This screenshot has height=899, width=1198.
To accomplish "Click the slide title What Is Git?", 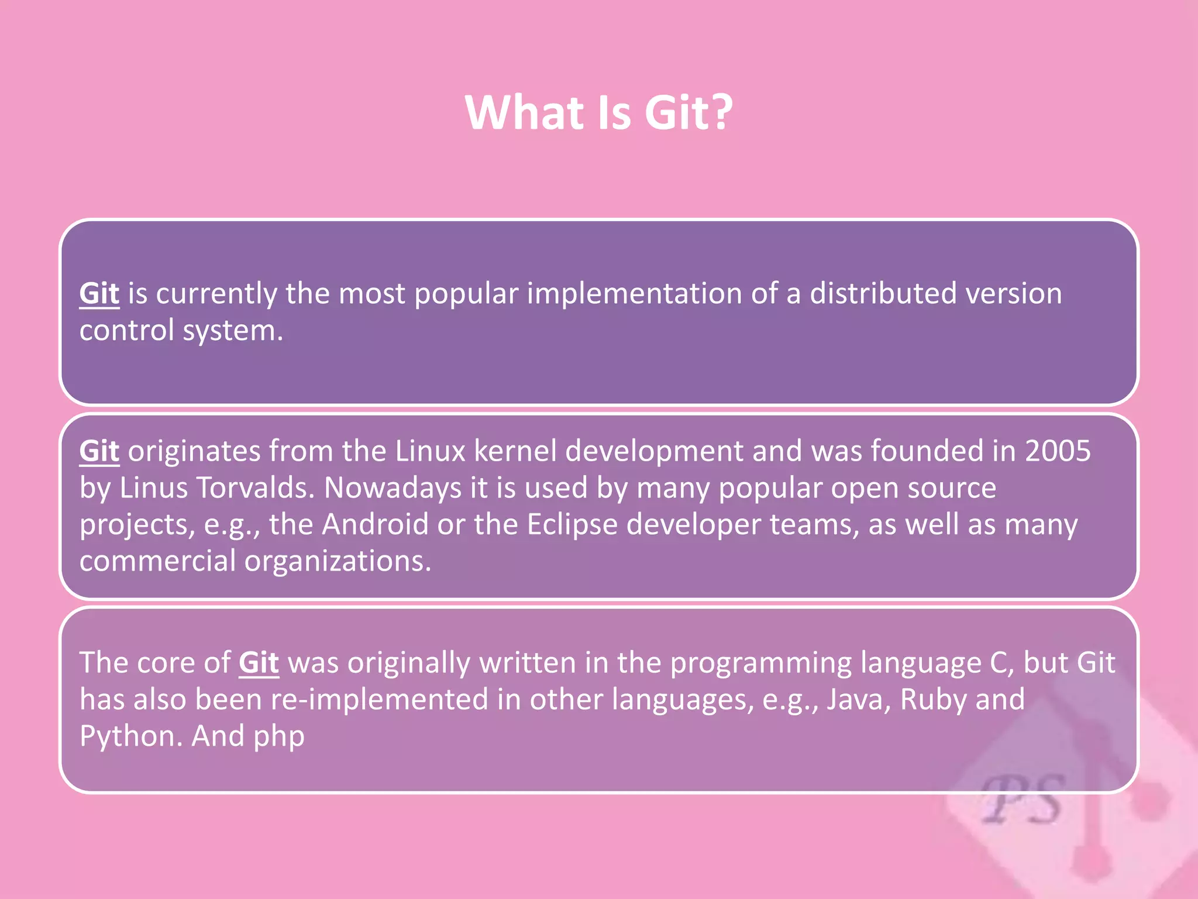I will coord(599,112).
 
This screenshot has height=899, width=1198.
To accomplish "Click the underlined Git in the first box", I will coord(99,293).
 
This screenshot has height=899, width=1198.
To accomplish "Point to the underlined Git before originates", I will coord(99,451).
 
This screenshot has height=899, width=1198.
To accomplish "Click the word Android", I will coord(375,524).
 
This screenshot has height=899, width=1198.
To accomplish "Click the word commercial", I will coord(157,561).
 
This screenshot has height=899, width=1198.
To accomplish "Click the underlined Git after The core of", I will coord(259,663).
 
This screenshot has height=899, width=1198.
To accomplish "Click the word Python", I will coord(131,737).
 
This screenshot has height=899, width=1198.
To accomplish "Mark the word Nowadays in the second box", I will coord(393,489).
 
